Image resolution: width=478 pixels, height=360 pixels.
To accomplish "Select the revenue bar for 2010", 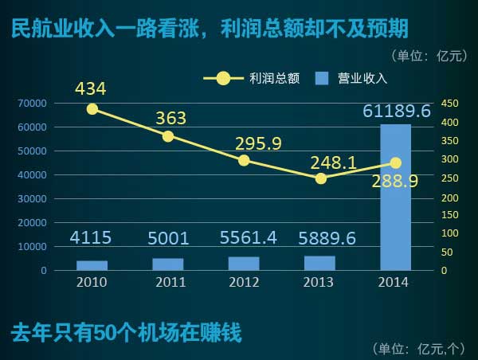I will coord(92,265).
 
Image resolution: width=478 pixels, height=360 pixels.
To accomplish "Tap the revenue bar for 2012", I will coord(244,264).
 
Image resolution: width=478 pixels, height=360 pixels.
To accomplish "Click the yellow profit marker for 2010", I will coord(92,109).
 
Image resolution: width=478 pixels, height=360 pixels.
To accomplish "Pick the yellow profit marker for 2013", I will coord(320,178).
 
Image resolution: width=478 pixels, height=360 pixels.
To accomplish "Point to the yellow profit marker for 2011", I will coord(168,136).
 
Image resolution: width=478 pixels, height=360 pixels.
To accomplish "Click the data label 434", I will coord(91,88).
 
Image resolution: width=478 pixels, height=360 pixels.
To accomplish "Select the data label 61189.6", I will coord(397,112).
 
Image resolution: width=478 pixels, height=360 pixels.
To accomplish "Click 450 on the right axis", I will coord(450,104).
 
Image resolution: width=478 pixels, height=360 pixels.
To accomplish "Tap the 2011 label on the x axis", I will coord(168,282).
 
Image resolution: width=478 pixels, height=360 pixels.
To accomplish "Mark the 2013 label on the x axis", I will coord(320,282).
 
